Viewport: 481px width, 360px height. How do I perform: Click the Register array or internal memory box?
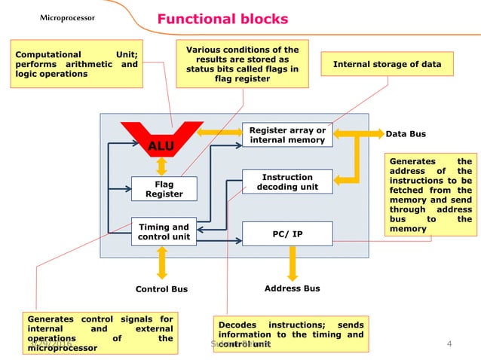pos(287,135)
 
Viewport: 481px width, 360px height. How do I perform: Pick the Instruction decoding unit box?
pos(287,182)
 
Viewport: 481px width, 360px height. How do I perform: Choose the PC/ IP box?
pos(287,234)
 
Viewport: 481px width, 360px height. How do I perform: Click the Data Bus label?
pos(406,134)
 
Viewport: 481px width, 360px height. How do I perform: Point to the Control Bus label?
pos(161,289)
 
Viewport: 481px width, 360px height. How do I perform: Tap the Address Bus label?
pos(293,288)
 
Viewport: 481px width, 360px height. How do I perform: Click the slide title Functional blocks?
pos(222,19)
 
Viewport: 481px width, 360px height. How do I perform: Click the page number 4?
pos(449,345)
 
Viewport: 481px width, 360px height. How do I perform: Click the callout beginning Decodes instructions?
pos(290,335)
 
